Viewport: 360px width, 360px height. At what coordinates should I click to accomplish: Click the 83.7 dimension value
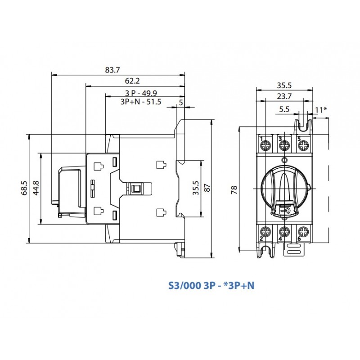(112, 70)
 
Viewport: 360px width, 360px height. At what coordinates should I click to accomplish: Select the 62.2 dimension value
(132, 81)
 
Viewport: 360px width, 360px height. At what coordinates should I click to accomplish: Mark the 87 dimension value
(207, 189)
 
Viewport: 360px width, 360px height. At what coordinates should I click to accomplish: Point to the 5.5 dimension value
(284, 109)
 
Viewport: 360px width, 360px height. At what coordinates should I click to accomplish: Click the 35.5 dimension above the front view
(284, 85)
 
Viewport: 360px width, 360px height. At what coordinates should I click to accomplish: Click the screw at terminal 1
(265, 145)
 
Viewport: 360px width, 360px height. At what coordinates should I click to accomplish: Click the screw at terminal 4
(284, 233)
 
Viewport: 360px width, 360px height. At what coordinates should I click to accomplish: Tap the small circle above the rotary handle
(284, 160)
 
